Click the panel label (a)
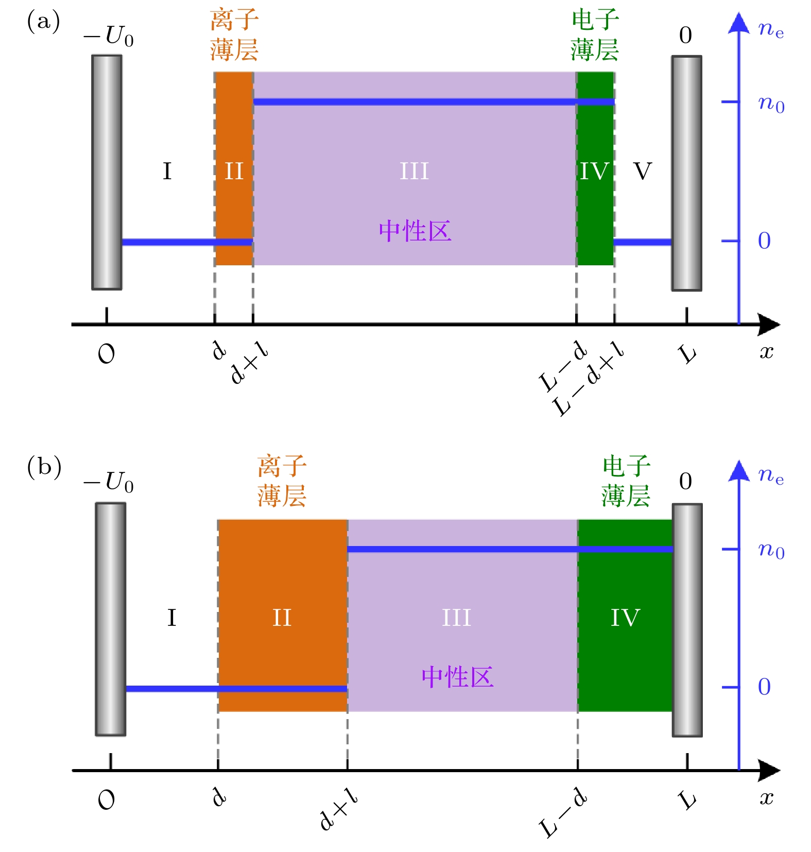pyautogui.click(x=43, y=22)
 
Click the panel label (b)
pyautogui.click(x=44, y=467)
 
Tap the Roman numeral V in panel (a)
pyautogui.click(x=642, y=172)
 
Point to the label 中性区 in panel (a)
pyautogui.click(x=415, y=231)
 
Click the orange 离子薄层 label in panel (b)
pyautogui.click(x=282, y=481)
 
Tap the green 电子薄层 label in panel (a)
pyautogui.click(x=595, y=35)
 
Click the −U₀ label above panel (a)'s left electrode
pyautogui.click(x=109, y=37)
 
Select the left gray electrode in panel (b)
pyautogui.click(x=111, y=619)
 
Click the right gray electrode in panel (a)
pyautogui.click(x=686, y=173)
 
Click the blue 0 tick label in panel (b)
pyautogui.click(x=764, y=687)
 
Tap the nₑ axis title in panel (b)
pyautogui.click(x=771, y=475)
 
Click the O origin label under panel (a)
pyautogui.click(x=107, y=354)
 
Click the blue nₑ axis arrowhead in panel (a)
pyautogui.click(x=739, y=23)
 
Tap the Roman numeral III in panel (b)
pyautogui.click(x=456, y=618)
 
